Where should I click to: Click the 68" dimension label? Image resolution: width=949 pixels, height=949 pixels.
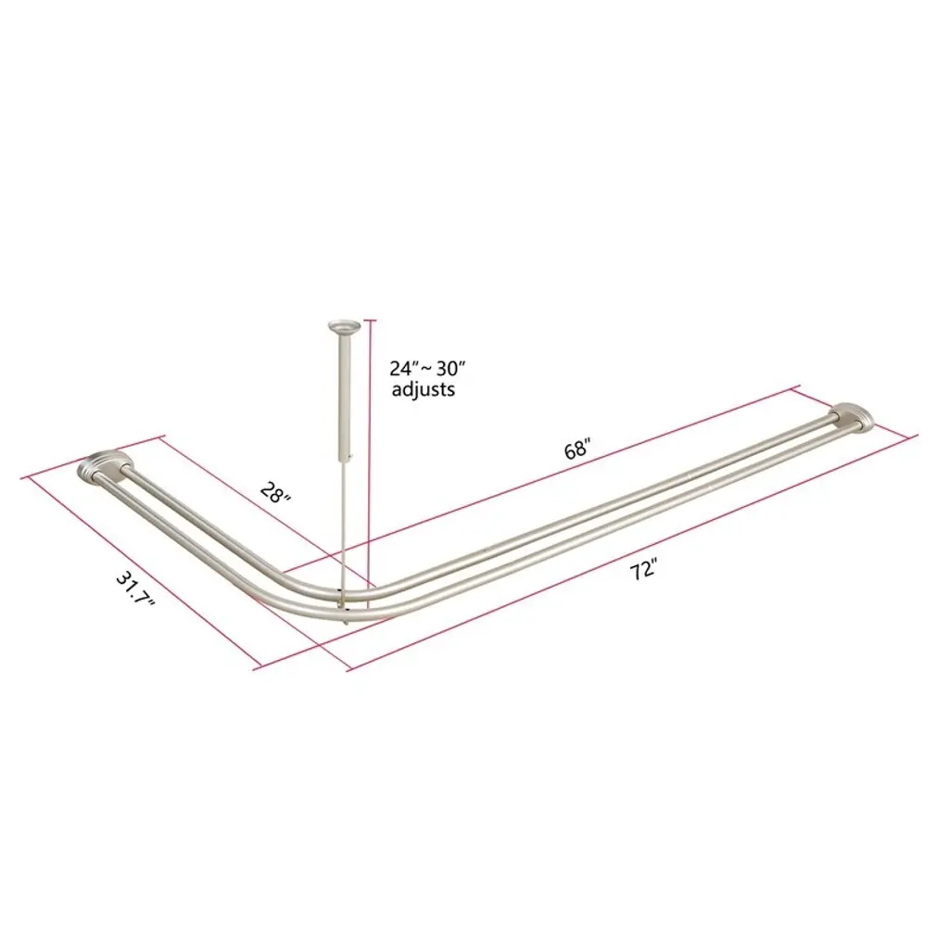[x=577, y=449]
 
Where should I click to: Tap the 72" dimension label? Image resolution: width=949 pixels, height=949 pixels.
[x=643, y=570]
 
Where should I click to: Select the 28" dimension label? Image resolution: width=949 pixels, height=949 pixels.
[x=276, y=493]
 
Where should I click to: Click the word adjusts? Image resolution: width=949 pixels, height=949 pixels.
[x=423, y=389]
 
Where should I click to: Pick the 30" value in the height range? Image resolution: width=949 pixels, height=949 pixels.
[x=449, y=368]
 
